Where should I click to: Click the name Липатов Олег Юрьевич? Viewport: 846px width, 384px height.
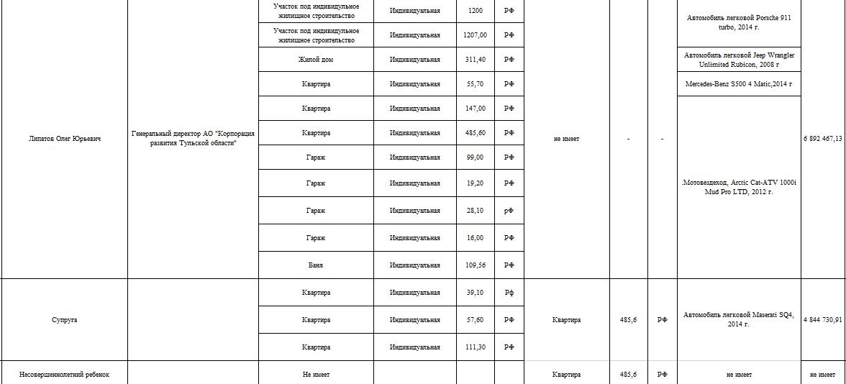[x=64, y=139]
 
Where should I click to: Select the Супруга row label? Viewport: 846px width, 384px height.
[x=64, y=320]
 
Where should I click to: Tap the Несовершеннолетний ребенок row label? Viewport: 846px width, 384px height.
[x=64, y=375]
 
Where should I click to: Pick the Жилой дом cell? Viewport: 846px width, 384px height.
[x=316, y=60]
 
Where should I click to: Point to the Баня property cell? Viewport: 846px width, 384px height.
[x=316, y=265]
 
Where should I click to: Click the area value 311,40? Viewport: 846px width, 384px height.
[x=476, y=60]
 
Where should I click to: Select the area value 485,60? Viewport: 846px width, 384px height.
[x=476, y=133]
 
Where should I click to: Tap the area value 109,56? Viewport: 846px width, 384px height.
[x=476, y=265]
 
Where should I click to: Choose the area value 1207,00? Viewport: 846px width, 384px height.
[x=476, y=35]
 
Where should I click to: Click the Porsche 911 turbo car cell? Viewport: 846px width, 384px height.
[x=739, y=22]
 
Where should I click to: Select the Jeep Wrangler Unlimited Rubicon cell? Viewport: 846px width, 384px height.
[x=739, y=60]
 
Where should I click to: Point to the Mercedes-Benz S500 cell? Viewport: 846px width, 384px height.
[x=739, y=84]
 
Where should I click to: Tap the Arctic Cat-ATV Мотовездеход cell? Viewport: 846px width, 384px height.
[x=739, y=188]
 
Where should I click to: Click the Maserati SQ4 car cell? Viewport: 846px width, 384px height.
[x=739, y=319]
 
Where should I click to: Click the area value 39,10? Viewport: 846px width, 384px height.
[x=476, y=293]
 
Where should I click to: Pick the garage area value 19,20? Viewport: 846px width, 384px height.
[x=476, y=183]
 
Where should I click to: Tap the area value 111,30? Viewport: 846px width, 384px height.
[x=476, y=347]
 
